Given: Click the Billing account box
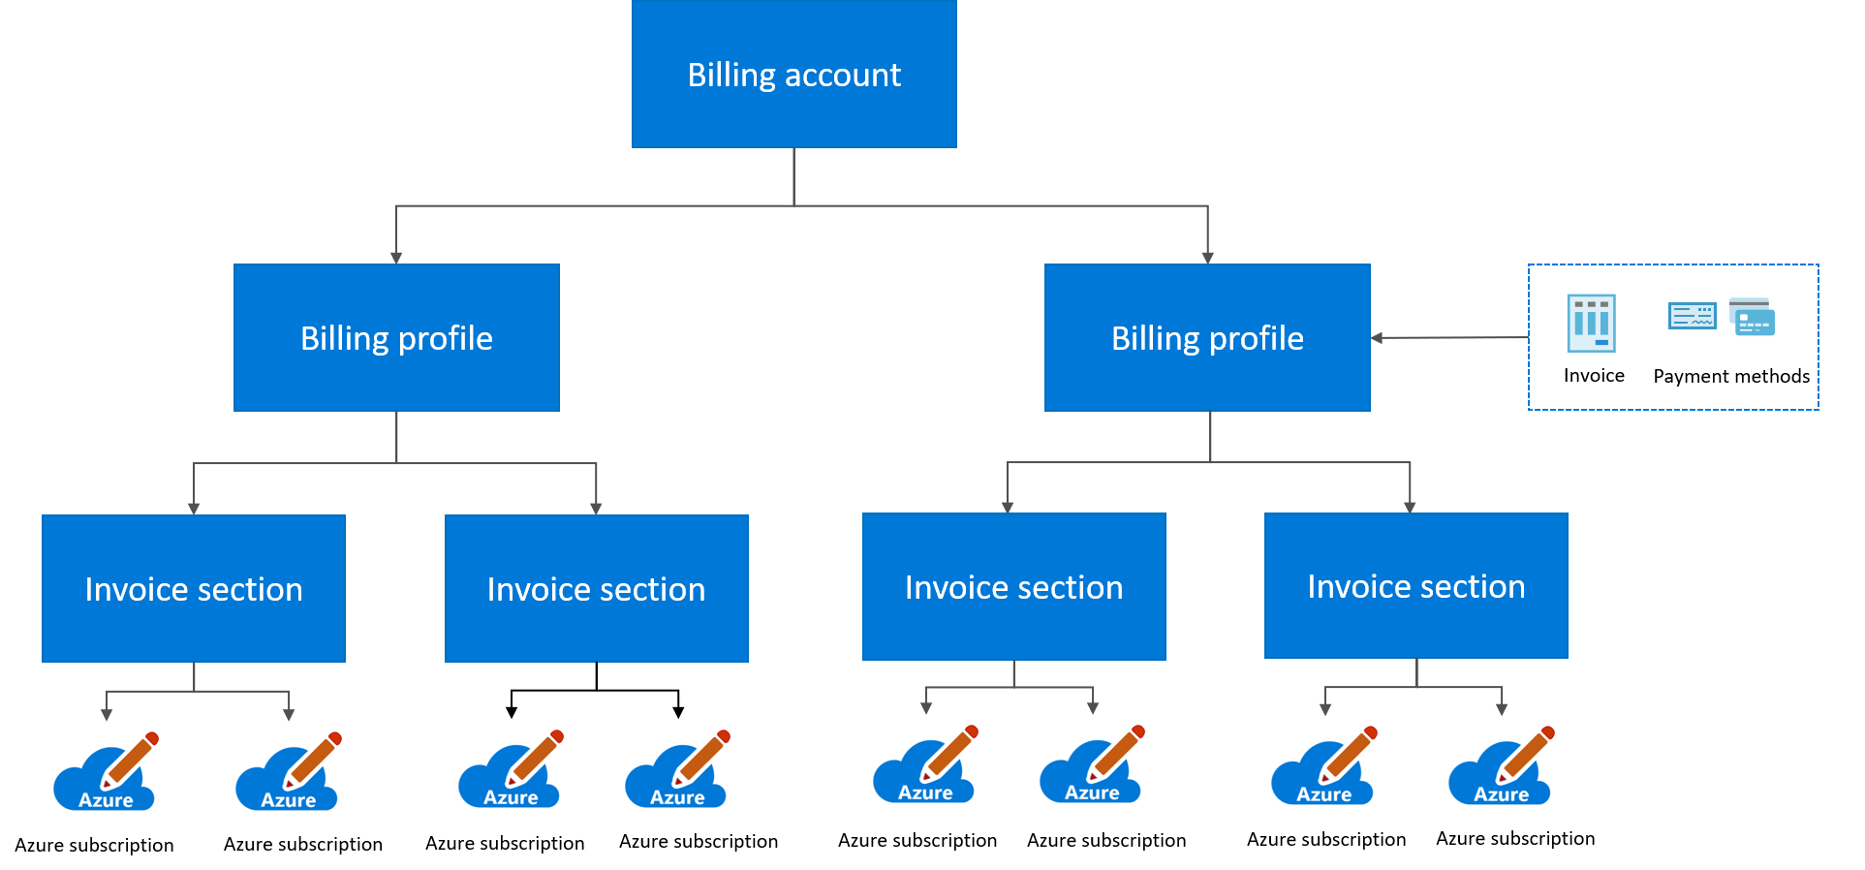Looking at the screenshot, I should pos(793,75).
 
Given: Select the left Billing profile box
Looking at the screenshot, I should pos(396,338).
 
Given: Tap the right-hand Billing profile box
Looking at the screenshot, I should pos(1207,338).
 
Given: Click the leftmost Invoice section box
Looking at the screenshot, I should pos(194,589).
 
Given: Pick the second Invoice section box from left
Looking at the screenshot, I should pos(596,589).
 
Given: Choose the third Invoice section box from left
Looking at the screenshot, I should pos(1013,587).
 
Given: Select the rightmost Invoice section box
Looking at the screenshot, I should pos(1415,586).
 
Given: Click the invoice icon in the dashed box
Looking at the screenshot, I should pos(1591,323).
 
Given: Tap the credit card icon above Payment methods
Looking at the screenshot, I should pos(1753,317).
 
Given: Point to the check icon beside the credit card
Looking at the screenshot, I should pos(1692,316).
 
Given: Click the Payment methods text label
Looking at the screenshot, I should pos(1730,377).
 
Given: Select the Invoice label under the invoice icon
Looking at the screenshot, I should pos(1594,376).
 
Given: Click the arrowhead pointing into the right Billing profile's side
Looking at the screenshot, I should pos(1377,338).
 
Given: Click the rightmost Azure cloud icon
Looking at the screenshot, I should pos(1500,773).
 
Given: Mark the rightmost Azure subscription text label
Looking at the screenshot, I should pos(1515,839).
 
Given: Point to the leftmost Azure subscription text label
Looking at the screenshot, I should pos(94,846).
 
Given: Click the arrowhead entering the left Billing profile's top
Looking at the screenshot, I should pos(396,258).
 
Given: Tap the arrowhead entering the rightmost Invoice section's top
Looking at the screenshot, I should pos(1410,508).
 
